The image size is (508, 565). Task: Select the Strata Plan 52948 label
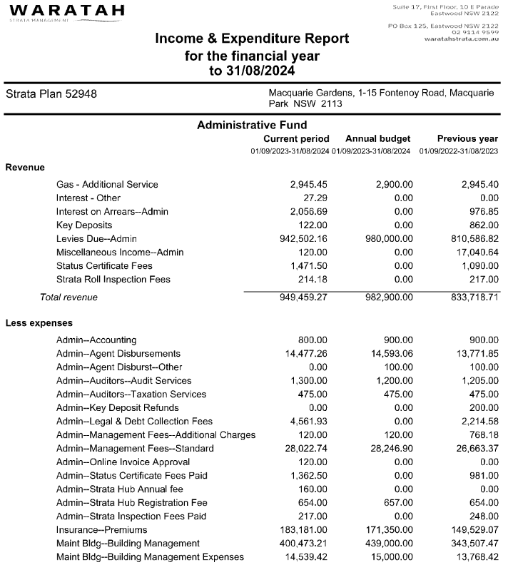point(51,94)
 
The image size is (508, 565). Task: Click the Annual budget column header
point(377,138)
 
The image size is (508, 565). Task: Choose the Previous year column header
point(467,138)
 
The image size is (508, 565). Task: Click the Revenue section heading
point(25,167)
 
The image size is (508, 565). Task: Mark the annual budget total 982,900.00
point(385,297)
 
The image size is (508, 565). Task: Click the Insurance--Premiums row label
point(101,529)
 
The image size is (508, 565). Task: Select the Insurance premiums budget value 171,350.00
point(385,529)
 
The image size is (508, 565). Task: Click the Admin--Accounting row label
point(96,340)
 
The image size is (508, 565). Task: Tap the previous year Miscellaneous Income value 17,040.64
point(473,252)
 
